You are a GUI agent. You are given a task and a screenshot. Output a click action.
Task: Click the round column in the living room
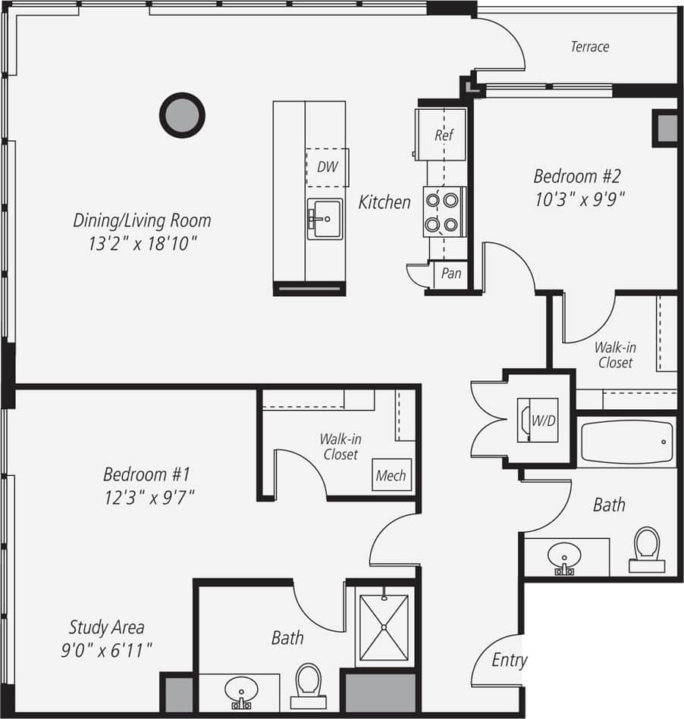[182, 115]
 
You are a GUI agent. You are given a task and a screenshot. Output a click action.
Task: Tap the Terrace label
[589, 47]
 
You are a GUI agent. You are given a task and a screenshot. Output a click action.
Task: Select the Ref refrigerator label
[444, 136]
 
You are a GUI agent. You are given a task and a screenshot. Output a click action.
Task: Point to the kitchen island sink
[325, 218]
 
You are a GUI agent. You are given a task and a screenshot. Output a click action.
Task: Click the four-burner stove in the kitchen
[443, 212]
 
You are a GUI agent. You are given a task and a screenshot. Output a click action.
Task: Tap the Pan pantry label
[450, 274]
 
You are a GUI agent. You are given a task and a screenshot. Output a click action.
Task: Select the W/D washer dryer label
[542, 419]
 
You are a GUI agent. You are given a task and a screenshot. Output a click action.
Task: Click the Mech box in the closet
[391, 476]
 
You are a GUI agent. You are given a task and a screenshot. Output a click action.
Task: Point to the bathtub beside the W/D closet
[626, 443]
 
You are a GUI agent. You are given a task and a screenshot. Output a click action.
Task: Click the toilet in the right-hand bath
[647, 547]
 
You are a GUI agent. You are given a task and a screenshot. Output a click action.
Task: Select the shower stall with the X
[384, 627]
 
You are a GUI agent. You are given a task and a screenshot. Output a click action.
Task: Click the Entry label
[509, 660]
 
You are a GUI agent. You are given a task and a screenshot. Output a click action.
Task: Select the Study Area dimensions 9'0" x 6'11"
[107, 649]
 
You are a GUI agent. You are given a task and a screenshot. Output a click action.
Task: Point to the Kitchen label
[384, 202]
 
